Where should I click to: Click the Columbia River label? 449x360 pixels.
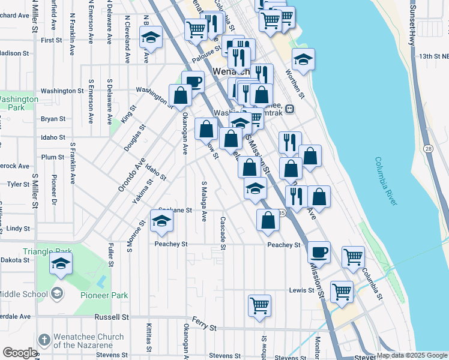(387, 181)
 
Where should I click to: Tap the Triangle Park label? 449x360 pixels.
(47, 251)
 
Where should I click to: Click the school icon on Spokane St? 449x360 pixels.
(161, 221)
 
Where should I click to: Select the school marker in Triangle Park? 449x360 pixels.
(61, 263)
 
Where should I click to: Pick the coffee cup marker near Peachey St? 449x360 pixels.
(319, 251)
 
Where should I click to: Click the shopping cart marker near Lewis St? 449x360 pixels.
(342, 292)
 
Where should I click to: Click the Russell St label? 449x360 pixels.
(112, 316)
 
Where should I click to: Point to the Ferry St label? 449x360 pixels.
(205, 325)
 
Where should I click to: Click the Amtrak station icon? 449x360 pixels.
(289, 109)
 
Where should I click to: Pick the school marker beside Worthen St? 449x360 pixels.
(303, 59)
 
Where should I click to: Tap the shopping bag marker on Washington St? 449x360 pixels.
(180, 95)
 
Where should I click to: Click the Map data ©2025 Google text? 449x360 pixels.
(412, 355)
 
